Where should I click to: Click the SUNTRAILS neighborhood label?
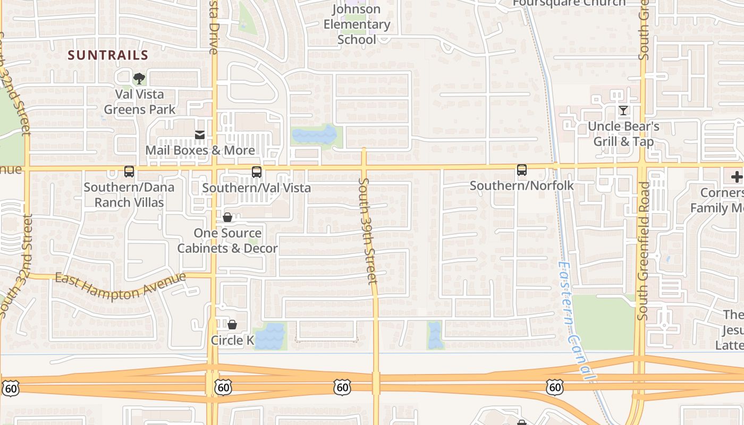coord(108,55)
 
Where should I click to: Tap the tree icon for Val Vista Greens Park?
coord(139,79)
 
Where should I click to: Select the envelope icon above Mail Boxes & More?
coord(200,135)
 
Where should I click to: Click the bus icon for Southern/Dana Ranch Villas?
coord(129,172)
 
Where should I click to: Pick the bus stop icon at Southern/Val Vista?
coord(257,172)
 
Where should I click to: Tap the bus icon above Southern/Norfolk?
coord(522,170)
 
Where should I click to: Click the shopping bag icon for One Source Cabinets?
coord(227,217)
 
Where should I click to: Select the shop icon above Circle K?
coord(232,325)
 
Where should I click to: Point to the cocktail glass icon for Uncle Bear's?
coord(623,110)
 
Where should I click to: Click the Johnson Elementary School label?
coord(357,24)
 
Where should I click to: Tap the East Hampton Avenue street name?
coord(121,285)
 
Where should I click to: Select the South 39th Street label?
coord(367,231)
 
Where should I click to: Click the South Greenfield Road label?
coord(644,251)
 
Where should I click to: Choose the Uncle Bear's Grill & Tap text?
coord(623,134)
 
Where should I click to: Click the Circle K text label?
coord(232,340)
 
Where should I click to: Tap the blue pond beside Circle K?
coord(270,336)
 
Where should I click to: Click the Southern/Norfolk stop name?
coord(522,185)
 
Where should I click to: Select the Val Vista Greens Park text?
coord(140,102)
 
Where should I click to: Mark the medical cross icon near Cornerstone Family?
coord(737,177)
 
